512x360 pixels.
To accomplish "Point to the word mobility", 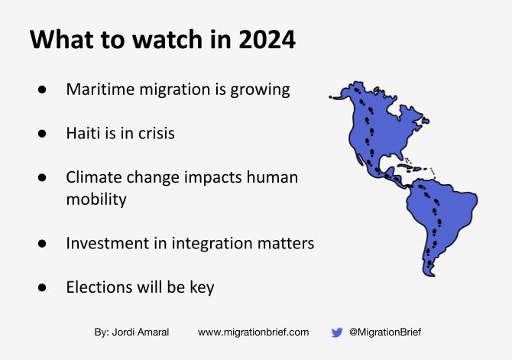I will click(96, 199).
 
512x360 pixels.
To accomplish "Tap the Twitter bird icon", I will click(336, 332).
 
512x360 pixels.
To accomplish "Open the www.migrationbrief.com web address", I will click(253, 332).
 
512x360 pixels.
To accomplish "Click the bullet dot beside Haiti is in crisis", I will click(42, 133).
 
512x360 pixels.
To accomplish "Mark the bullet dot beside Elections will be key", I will click(42, 287).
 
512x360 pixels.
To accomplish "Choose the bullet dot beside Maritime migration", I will click(42, 89).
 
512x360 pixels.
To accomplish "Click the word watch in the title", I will click(134, 40).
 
